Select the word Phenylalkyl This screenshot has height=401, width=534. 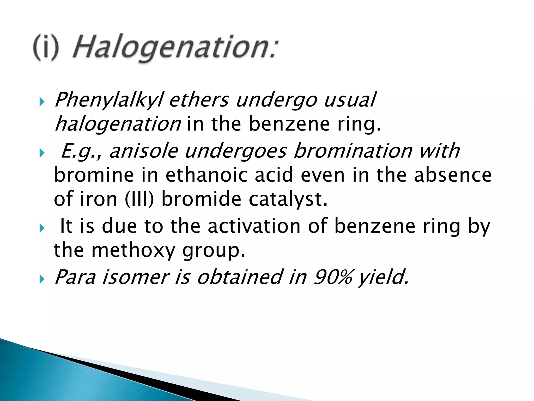pyautogui.click(x=109, y=100)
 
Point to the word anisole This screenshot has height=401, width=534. pyautogui.click(x=144, y=151)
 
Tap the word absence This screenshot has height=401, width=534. pyautogui.click(x=453, y=175)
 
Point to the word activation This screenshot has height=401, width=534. pyautogui.click(x=254, y=226)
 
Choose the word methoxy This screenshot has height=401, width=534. pyautogui.click(x=133, y=250)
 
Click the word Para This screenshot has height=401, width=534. pyautogui.click(x=75, y=277)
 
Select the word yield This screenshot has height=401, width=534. pyautogui.click(x=383, y=277)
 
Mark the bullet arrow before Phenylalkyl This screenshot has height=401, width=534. pyautogui.click(x=42, y=102)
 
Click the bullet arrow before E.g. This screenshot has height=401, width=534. pyautogui.click(x=42, y=153)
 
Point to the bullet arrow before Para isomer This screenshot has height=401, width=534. pyautogui.click(x=42, y=280)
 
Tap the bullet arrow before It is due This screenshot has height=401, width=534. pyautogui.click(x=42, y=228)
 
